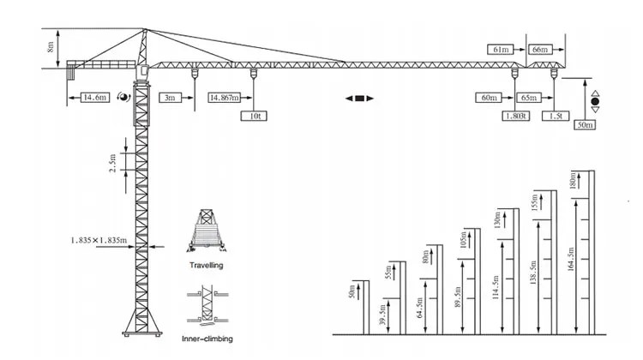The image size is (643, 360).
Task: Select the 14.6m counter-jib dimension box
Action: pyautogui.click(x=94, y=99)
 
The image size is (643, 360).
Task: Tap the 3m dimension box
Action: pyautogui.click(x=169, y=99)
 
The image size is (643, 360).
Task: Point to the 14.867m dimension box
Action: pyautogui.click(x=224, y=99)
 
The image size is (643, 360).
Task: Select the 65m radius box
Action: pyautogui.click(x=530, y=99)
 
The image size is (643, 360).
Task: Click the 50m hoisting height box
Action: pyautogui.click(x=586, y=125)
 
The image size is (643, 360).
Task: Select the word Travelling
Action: pyautogui.click(x=207, y=266)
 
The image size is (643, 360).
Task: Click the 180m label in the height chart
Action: pyautogui.click(x=573, y=182)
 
